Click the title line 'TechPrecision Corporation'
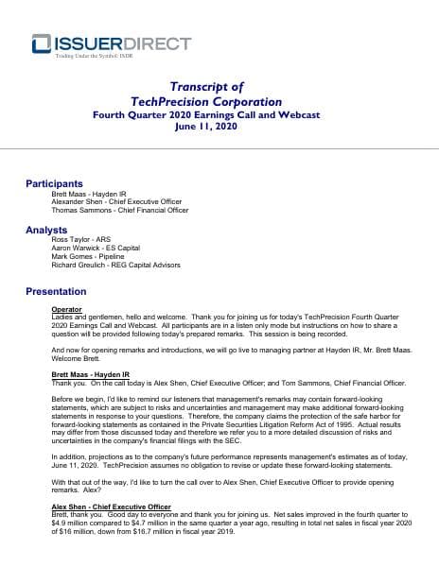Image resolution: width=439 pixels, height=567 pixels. tap(219, 101)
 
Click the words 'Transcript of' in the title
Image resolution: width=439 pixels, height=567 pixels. tap(219, 85)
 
